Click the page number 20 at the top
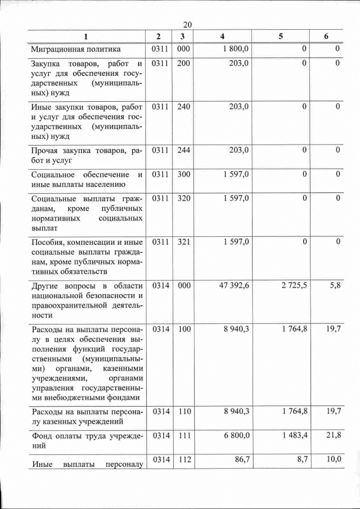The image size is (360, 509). click(188, 25)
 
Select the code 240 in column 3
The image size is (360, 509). click(183, 106)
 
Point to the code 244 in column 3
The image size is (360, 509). click(183, 150)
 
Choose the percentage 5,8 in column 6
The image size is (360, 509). click(335, 286)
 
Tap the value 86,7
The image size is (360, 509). click(240, 460)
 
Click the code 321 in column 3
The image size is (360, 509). click(183, 242)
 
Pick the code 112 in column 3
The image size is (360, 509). click(183, 460)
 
